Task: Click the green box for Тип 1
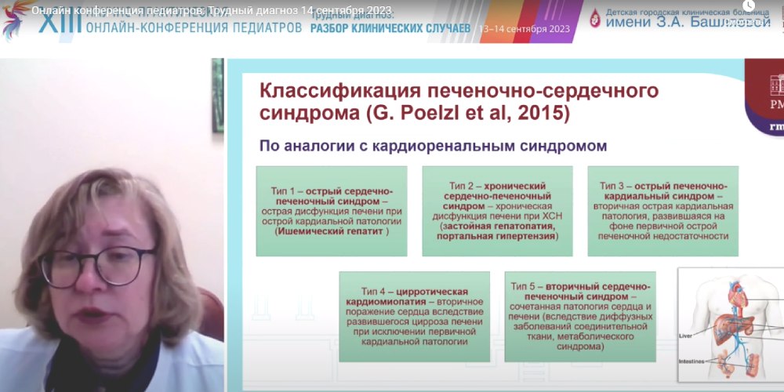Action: click(x=332, y=210)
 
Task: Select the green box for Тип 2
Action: click(x=498, y=210)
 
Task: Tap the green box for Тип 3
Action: click(x=663, y=210)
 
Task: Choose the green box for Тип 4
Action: click(x=415, y=315)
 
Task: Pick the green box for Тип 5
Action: click(x=580, y=315)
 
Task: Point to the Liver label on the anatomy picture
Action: click(x=685, y=334)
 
